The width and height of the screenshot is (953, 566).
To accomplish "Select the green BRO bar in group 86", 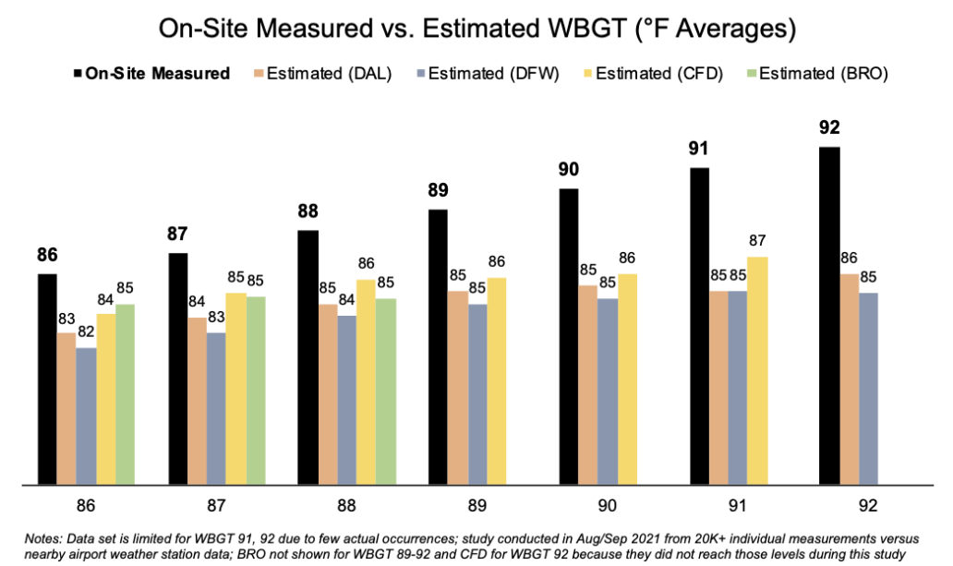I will click(x=124, y=392).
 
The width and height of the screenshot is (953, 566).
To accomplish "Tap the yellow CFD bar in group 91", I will click(x=757, y=369).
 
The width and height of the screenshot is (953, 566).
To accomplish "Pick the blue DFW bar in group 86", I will click(x=86, y=415).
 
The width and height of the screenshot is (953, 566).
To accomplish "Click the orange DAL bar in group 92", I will click(x=849, y=378).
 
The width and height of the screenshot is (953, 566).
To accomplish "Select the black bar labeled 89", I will click(x=439, y=345).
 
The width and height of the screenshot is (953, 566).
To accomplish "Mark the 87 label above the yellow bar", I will click(x=757, y=242).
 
